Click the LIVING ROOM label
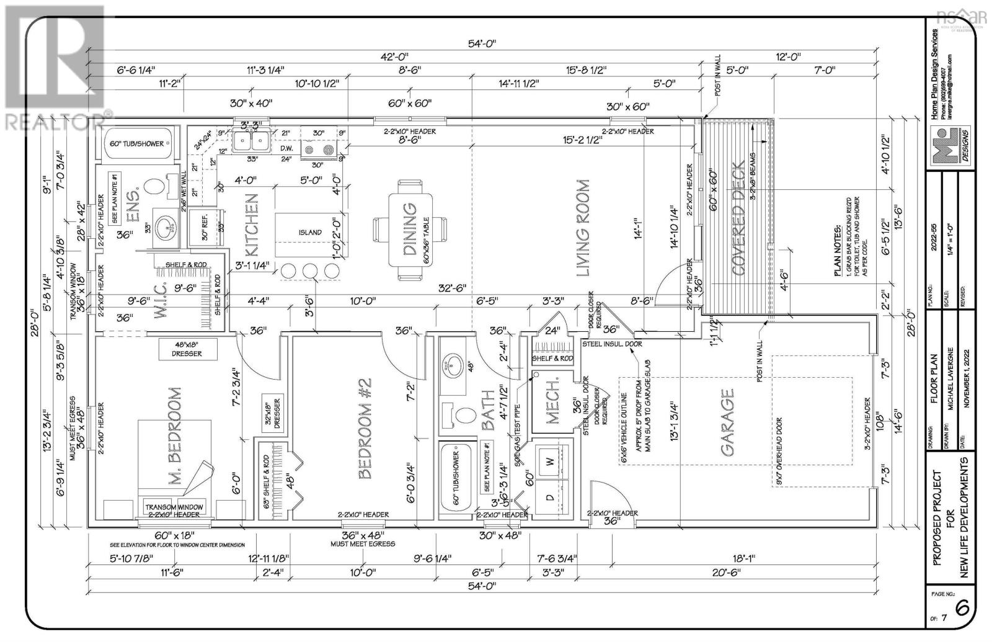[582, 228]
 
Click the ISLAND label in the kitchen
[309, 232]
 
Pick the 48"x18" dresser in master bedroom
[187, 349]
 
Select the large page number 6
[962, 609]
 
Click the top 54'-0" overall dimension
[482, 44]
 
